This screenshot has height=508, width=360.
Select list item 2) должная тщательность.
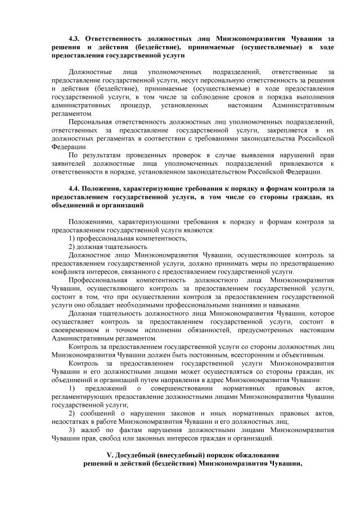(108, 247)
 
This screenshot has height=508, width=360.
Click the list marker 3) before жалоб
(71, 430)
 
